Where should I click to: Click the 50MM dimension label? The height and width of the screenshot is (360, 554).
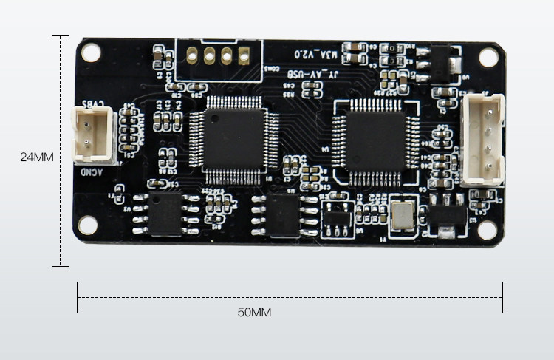(254, 313)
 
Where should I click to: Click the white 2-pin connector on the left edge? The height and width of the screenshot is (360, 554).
(92, 134)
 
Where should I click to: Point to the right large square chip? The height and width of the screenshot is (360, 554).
(375, 138)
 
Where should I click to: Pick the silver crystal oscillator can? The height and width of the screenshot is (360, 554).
(403, 213)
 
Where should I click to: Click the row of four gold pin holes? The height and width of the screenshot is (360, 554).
(218, 55)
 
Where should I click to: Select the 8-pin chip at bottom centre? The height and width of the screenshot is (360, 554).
(284, 215)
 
